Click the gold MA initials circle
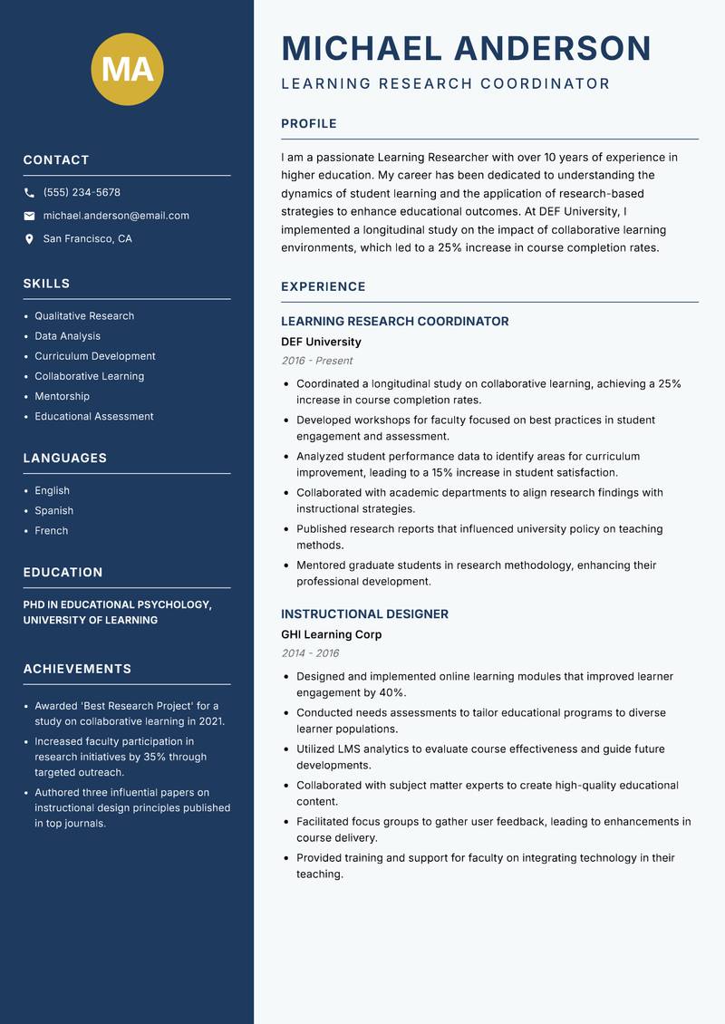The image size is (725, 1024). (x=127, y=69)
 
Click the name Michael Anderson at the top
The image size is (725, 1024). (x=466, y=48)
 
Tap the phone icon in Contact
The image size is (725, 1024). (x=29, y=193)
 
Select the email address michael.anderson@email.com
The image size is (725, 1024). (x=116, y=216)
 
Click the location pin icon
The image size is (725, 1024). (x=29, y=239)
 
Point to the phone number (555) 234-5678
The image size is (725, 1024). (x=82, y=193)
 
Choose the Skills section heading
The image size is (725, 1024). (x=46, y=284)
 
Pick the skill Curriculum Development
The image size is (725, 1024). (x=95, y=356)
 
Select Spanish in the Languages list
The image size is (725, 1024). (x=53, y=510)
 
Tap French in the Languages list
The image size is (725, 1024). (x=51, y=530)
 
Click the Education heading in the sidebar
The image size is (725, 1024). (x=63, y=573)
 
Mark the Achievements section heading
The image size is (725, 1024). (x=77, y=669)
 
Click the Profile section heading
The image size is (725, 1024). (x=308, y=124)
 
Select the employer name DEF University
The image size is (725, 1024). (x=321, y=342)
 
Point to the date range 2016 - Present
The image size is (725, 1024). (x=316, y=361)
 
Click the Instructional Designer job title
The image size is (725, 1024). (x=364, y=614)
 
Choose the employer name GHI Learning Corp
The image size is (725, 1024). (x=331, y=634)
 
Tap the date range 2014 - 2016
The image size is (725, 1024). (x=309, y=653)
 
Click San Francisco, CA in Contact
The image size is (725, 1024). (x=87, y=239)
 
